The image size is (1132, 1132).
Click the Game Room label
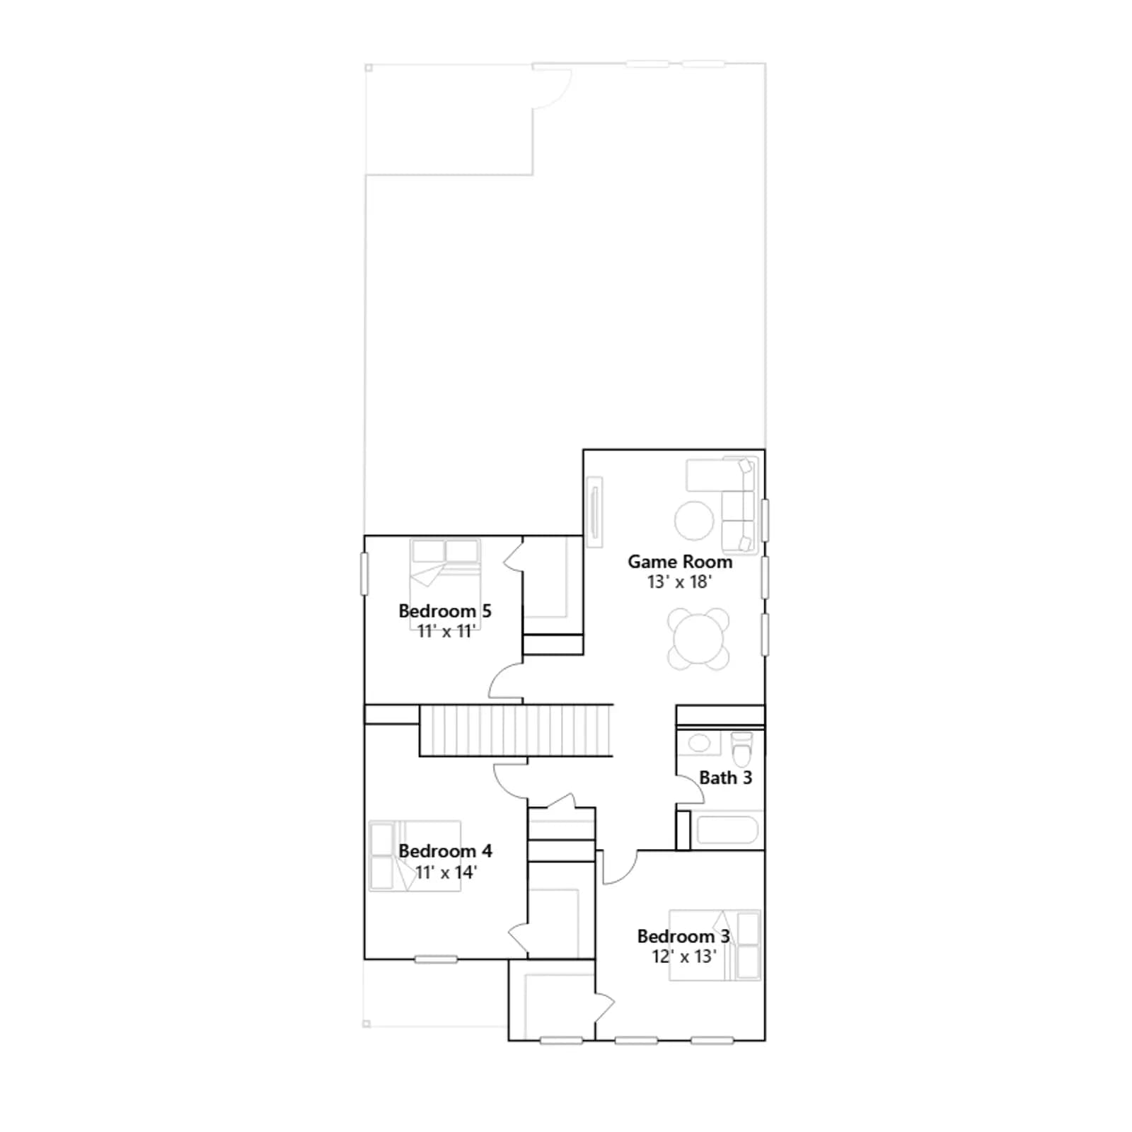680,562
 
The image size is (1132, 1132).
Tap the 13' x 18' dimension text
679,582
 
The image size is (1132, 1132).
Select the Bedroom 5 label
445,611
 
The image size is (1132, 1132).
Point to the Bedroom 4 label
446,850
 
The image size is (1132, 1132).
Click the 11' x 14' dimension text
446,872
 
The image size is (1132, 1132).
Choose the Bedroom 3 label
683,936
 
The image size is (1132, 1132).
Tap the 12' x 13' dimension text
684,957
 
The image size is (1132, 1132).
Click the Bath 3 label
725,778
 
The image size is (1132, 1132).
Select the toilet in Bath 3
741,749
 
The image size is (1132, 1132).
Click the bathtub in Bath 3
728,830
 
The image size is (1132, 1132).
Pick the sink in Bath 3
699,743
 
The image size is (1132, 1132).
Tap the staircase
516,730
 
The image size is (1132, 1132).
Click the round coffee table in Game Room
694,521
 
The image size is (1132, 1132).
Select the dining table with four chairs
698,639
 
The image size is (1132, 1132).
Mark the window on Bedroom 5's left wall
364,574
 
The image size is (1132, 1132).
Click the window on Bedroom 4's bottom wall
436,959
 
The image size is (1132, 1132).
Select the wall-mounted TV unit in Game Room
594,512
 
